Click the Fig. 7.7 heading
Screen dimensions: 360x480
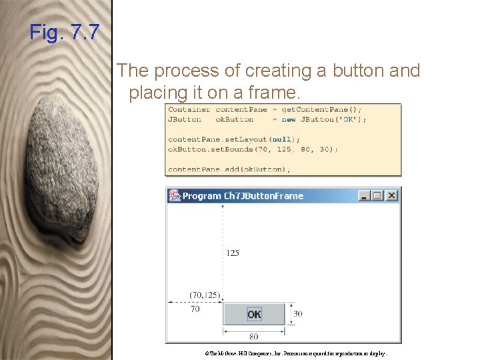pyautogui.click(x=64, y=32)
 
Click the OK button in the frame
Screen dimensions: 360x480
pyautogui.click(x=254, y=314)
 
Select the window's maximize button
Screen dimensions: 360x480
pyautogui.click(x=378, y=195)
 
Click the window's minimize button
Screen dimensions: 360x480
pyautogui.click(x=365, y=195)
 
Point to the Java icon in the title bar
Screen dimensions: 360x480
pyautogui.click(x=174, y=195)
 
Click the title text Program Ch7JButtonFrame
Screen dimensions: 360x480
pyautogui.click(x=243, y=196)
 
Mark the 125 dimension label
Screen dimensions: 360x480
pyautogui.click(x=233, y=253)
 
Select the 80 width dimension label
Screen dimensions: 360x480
pyautogui.click(x=253, y=337)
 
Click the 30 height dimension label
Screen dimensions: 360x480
pyautogui.click(x=298, y=314)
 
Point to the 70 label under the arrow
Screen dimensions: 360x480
pyautogui.click(x=195, y=309)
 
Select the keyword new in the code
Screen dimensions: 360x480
pyautogui.click(x=288, y=119)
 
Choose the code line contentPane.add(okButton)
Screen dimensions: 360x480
pyautogui.click(x=229, y=169)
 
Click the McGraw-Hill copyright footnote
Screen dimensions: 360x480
pyautogui.click(x=292, y=353)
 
